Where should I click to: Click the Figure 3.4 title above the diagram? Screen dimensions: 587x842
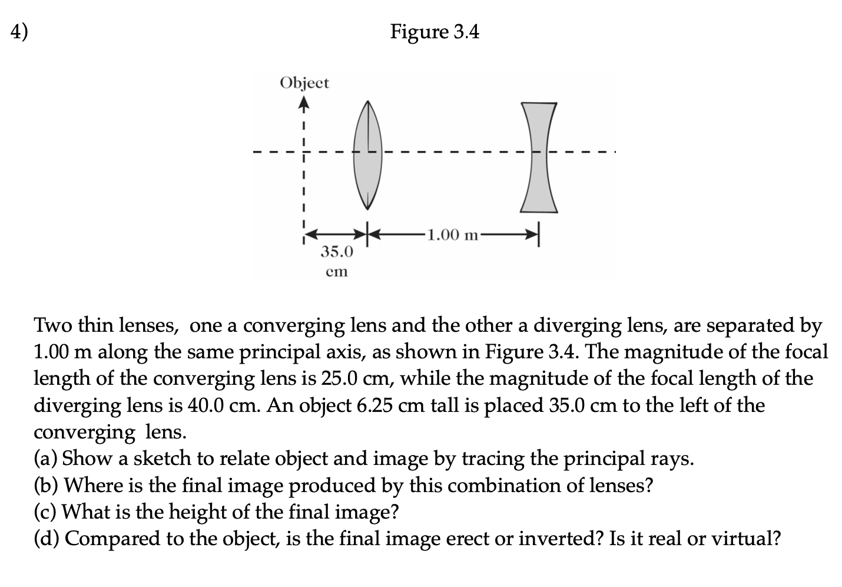tap(435, 32)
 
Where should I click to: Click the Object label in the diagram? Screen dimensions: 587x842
tap(304, 83)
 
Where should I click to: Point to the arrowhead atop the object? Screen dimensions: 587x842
tap(303, 106)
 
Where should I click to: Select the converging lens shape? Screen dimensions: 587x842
tap(368, 154)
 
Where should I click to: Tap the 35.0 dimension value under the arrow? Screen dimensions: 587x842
tap(337, 252)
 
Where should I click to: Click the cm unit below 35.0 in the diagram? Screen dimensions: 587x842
tap(337, 272)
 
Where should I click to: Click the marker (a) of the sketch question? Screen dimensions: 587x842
tap(45, 459)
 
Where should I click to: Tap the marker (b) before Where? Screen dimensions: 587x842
tap(46, 485)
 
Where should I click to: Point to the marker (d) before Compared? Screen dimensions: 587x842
tap(46, 538)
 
